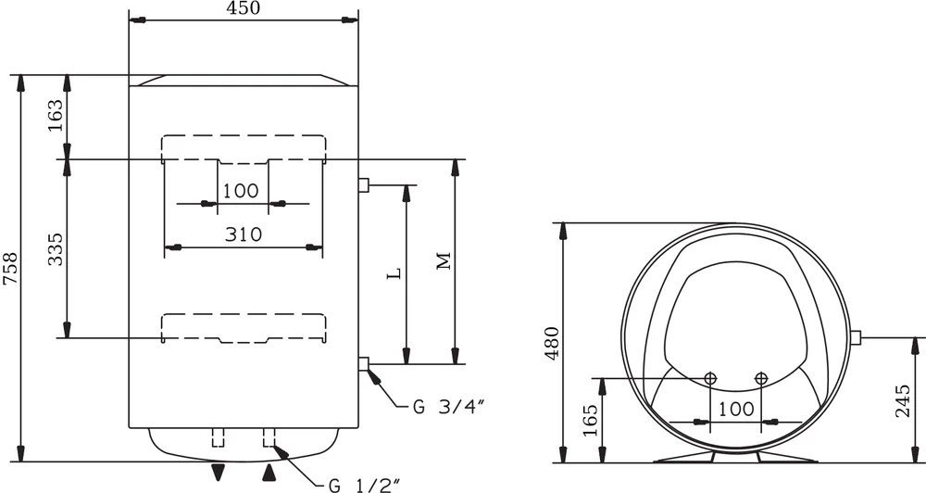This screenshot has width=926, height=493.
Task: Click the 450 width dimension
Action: (243, 7)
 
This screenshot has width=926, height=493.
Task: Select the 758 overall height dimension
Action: (10, 269)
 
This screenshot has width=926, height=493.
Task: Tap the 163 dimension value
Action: (55, 116)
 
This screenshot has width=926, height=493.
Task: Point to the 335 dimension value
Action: (55, 249)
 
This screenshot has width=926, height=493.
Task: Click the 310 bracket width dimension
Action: (244, 234)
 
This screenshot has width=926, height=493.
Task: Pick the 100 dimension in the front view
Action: (241, 191)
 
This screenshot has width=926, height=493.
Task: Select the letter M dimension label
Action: (444, 260)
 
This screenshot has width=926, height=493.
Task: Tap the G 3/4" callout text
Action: (449, 407)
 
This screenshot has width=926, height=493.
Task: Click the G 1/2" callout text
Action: (364, 486)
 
